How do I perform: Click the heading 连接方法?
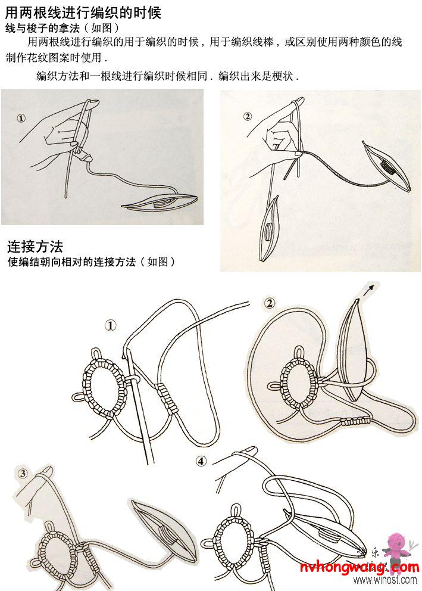(x=35, y=246)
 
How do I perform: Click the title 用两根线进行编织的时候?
(x=83, y=12)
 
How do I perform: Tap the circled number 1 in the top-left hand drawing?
(x=21, y=118)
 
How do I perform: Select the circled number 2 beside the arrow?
(x=269, y=303)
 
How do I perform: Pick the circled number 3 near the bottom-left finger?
(x=23, y=474)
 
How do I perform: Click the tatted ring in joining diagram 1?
(x=104, y=381)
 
